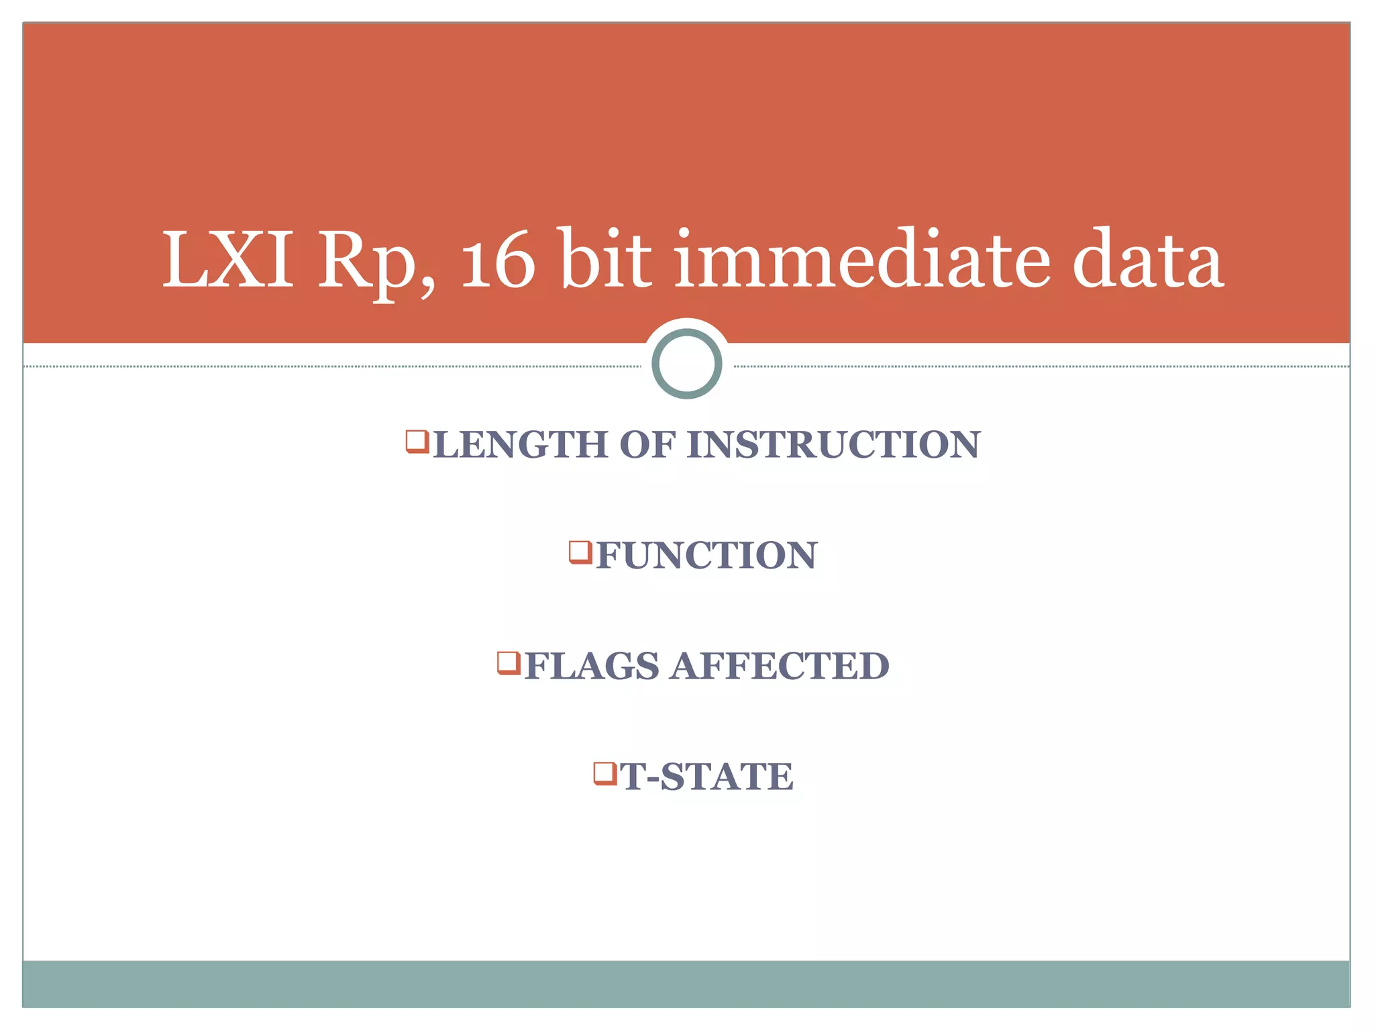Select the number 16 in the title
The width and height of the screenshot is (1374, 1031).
(x=498, y=260)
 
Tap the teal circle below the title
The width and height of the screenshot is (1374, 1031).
(x=686, y=363)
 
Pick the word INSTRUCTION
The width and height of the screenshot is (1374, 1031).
(x=833, y=445)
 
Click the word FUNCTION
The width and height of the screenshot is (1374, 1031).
(x=706, y=556)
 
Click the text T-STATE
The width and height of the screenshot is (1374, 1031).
(x=706, y=777)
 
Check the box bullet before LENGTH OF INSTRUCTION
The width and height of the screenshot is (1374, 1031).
(x=417, y=442)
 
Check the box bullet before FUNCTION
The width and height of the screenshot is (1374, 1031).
(x=580, y=552)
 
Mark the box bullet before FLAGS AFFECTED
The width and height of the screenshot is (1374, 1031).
(x=509, y=662)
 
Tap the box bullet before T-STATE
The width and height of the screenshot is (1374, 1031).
(x=604, y=773)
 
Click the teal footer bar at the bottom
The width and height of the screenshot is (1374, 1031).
(x=686, y=983)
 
